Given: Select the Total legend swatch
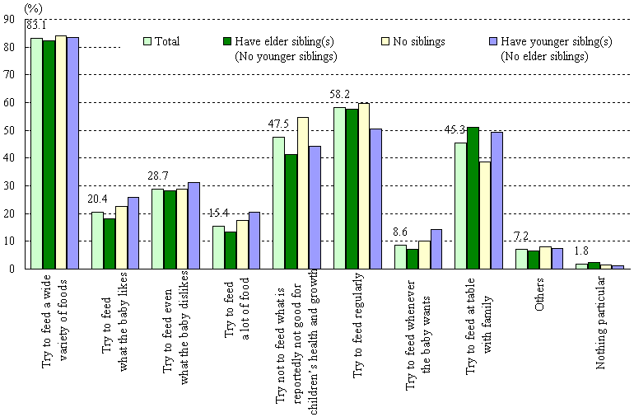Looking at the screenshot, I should click(x=148, y=40).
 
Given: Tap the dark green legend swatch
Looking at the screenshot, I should click(x=227, y=40).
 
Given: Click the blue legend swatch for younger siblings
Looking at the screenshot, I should click(x=493, y=40).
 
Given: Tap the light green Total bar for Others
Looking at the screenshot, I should click(x=522, y=259).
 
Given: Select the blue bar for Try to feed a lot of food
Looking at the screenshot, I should click(x=255, y=240).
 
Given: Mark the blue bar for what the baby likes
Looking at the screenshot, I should click(x=133, y=232).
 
